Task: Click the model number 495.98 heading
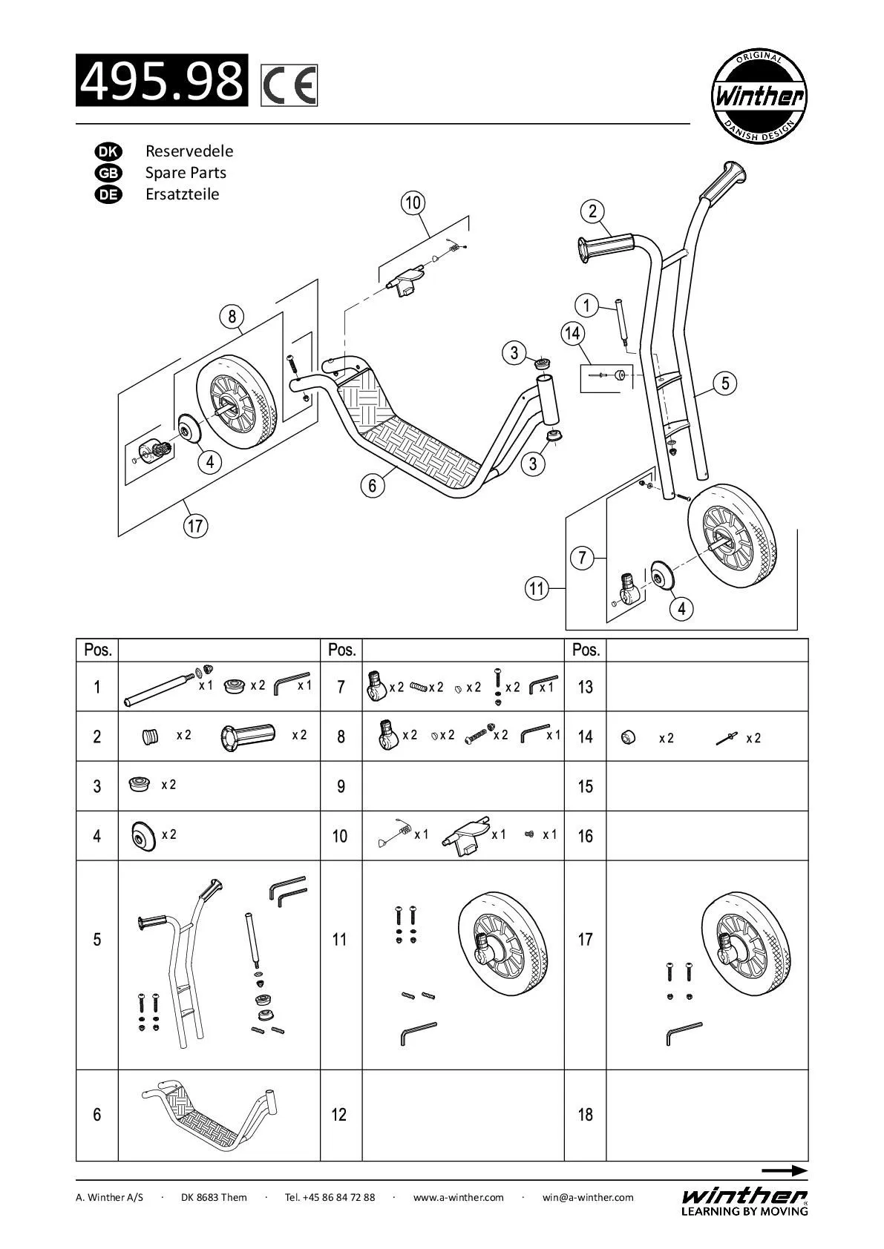pyautogui.click(x=162, y=80)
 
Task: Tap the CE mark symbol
pyautogui.click(x=289, y=85)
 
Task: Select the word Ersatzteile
pyautogui.click(x=182, y=194)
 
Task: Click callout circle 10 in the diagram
pyautogui.click(x=413, y=202)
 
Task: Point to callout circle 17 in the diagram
pyautogui.click(x=195, y=527)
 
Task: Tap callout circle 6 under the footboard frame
pyautogui.click(x=373, y=486)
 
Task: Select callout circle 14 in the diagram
pyautogui.click(x=572, y=333)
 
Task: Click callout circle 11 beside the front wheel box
pyautogui.click(x=536, y=590)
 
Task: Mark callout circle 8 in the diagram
pyautogui.click(x=232, y=317)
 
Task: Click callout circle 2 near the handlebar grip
pyautogui.click(x=592, y=211)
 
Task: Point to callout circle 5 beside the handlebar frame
pyautogui.click(x=725, y=383)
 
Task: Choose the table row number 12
pyautogui.click(x=339, y=1115)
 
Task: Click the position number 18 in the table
pyautogui.click(x=585, y=1115)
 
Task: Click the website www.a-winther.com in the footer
pyautogui.click(x=458, y=1197)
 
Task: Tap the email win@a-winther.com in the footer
pyautogui.click(x=588, y=1197)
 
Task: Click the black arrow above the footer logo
pyautogui.click(x=784, y=1171)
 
